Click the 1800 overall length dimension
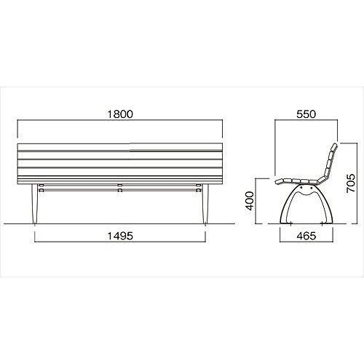tap(120, 114)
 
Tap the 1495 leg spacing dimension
tap(120, 236)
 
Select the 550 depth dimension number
tap(306, 114)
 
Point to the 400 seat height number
tap(250, 201)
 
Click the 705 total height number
tap(350, 183)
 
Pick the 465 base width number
tap(306, 236)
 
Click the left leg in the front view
tap(35, 204)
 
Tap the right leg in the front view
tap(205, 204)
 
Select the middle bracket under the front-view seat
tap(119, 188)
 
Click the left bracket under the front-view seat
tap(41, 188)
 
